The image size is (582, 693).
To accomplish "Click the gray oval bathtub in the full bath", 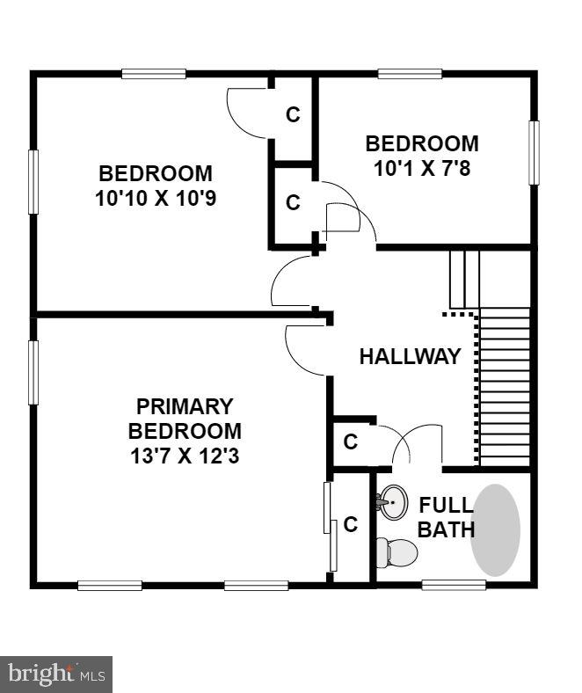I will point(495,530).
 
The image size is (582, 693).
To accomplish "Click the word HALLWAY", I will point(410,356).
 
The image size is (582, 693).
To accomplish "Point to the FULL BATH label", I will point(446,518).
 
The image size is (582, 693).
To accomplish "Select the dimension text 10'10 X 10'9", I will point(156,198).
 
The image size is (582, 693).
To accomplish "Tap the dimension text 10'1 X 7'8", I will point(422,167).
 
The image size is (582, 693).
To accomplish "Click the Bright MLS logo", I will point(56,675).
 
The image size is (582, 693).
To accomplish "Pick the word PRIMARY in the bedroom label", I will point(185,406).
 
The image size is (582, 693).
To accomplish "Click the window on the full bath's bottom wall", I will point(454,584).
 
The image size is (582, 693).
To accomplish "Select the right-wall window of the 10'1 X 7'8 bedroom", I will point(534,152).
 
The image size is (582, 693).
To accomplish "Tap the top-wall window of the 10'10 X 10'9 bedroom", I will point(153,74).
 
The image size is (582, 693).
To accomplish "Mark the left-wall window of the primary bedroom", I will point(33,372).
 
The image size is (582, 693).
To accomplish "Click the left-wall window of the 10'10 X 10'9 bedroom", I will point(33,181).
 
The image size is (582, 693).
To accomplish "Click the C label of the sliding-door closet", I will point(350,525).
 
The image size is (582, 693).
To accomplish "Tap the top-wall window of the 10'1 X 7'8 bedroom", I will point(410,74).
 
